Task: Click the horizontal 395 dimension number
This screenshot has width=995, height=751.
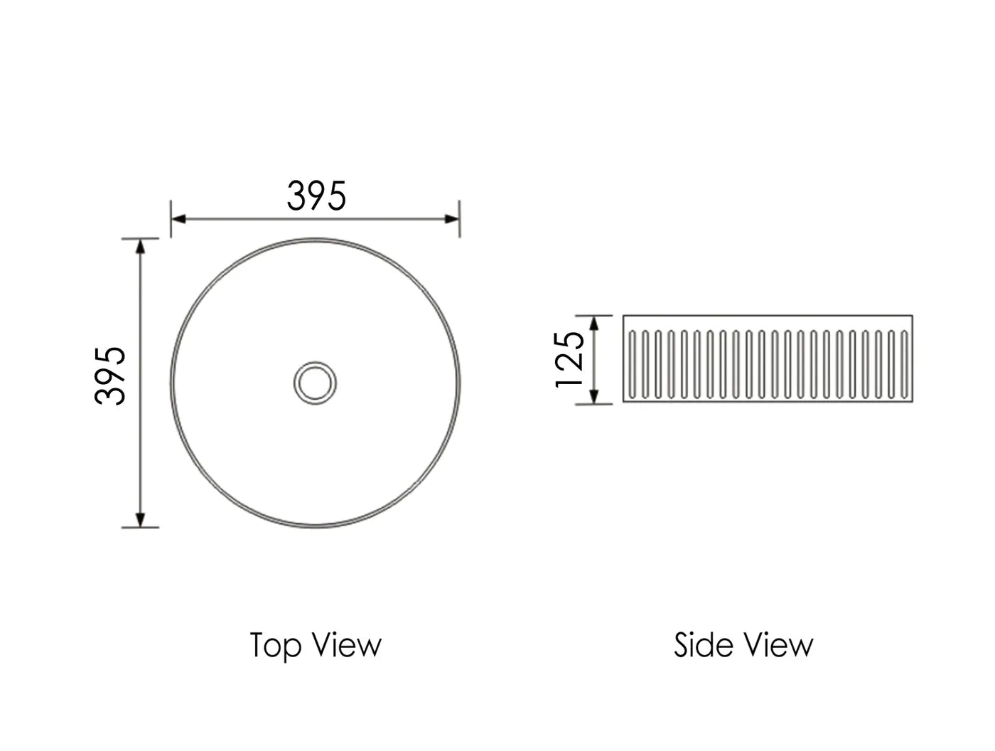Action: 316,196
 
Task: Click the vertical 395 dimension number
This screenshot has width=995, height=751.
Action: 111,375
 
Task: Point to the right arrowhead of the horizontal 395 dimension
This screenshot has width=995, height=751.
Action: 451,218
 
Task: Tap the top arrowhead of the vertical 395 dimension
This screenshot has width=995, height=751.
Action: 141,246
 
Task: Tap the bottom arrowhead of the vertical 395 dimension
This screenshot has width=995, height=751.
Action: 141,519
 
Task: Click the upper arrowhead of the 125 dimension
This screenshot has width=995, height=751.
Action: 596,323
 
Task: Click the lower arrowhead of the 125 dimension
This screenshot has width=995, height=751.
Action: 596,397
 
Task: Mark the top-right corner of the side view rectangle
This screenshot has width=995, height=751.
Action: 913,316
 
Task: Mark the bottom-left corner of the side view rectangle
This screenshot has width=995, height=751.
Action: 624,402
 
